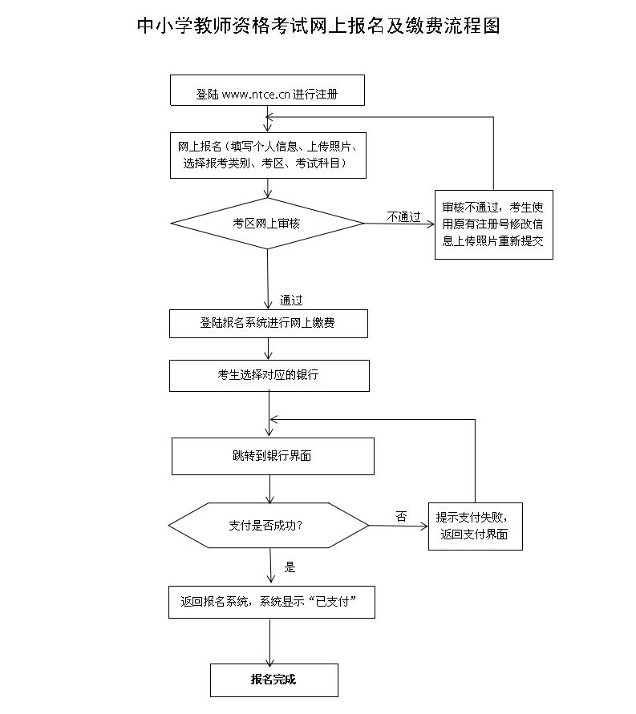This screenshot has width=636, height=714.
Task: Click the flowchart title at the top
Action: (318, 26)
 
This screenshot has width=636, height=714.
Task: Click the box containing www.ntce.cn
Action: (268, 91)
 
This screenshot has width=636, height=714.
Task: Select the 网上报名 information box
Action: (268, 155)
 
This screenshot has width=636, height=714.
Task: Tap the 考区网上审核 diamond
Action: (267, 223)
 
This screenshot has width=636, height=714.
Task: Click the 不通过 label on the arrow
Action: (403, 216)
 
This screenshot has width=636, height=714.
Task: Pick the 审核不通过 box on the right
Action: (494, 224)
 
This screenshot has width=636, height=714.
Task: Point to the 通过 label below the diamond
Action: (291, 301)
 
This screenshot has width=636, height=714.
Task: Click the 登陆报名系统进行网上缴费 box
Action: (268, 323)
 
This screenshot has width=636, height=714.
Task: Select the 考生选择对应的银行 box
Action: (269, 375)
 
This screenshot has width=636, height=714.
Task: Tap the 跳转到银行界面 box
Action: (273, 456)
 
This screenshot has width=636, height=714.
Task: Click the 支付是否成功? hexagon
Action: (268, 526)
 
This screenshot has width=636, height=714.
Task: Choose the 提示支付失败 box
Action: (475, 526)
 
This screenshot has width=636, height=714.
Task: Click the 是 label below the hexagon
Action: (290, 567)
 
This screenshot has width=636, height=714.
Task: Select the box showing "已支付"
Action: (271, 602)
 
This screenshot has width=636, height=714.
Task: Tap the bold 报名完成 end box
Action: (273, 680)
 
